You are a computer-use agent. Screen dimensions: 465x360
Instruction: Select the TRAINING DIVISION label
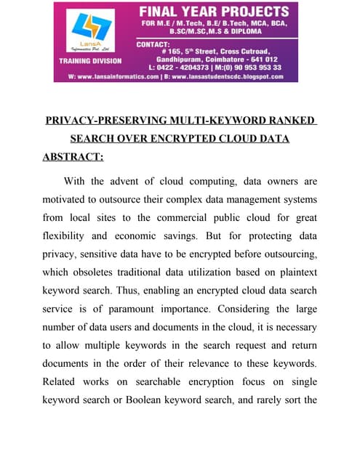tap(90, 61)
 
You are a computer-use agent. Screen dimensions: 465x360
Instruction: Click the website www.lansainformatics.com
tap(116, 76)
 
